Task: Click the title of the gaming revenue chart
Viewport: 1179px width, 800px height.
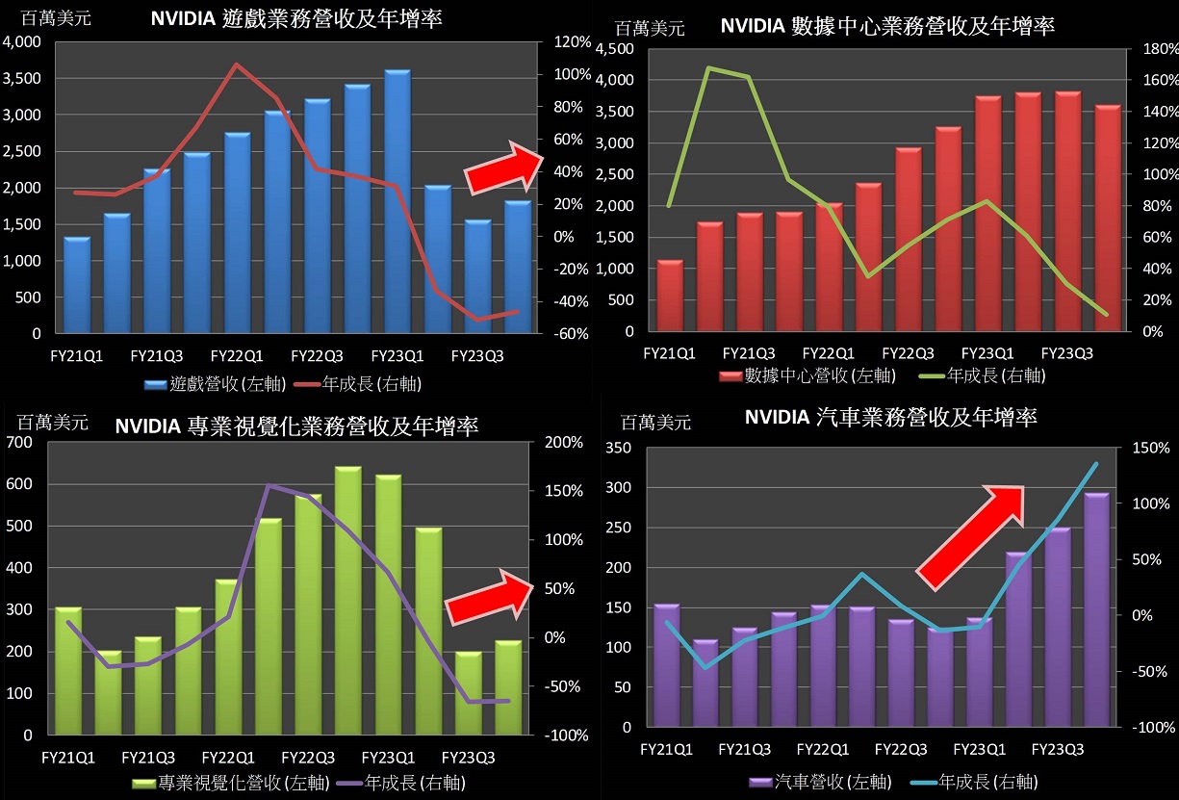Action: (x=296, y=18)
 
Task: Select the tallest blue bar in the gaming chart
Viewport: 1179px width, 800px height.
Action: (x=397, y=202)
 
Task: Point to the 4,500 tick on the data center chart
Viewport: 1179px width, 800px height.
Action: (x=616, y=49)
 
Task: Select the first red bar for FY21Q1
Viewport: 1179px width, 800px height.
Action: (x=670, y=296)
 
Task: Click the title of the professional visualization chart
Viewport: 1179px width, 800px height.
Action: (x=296, y=426)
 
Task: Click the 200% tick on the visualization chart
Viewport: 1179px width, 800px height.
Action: (x=563, y=442)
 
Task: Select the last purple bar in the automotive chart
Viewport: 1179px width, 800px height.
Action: (x=1096, y=609)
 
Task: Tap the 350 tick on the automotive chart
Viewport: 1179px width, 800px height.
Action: (x=619, y=449)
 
